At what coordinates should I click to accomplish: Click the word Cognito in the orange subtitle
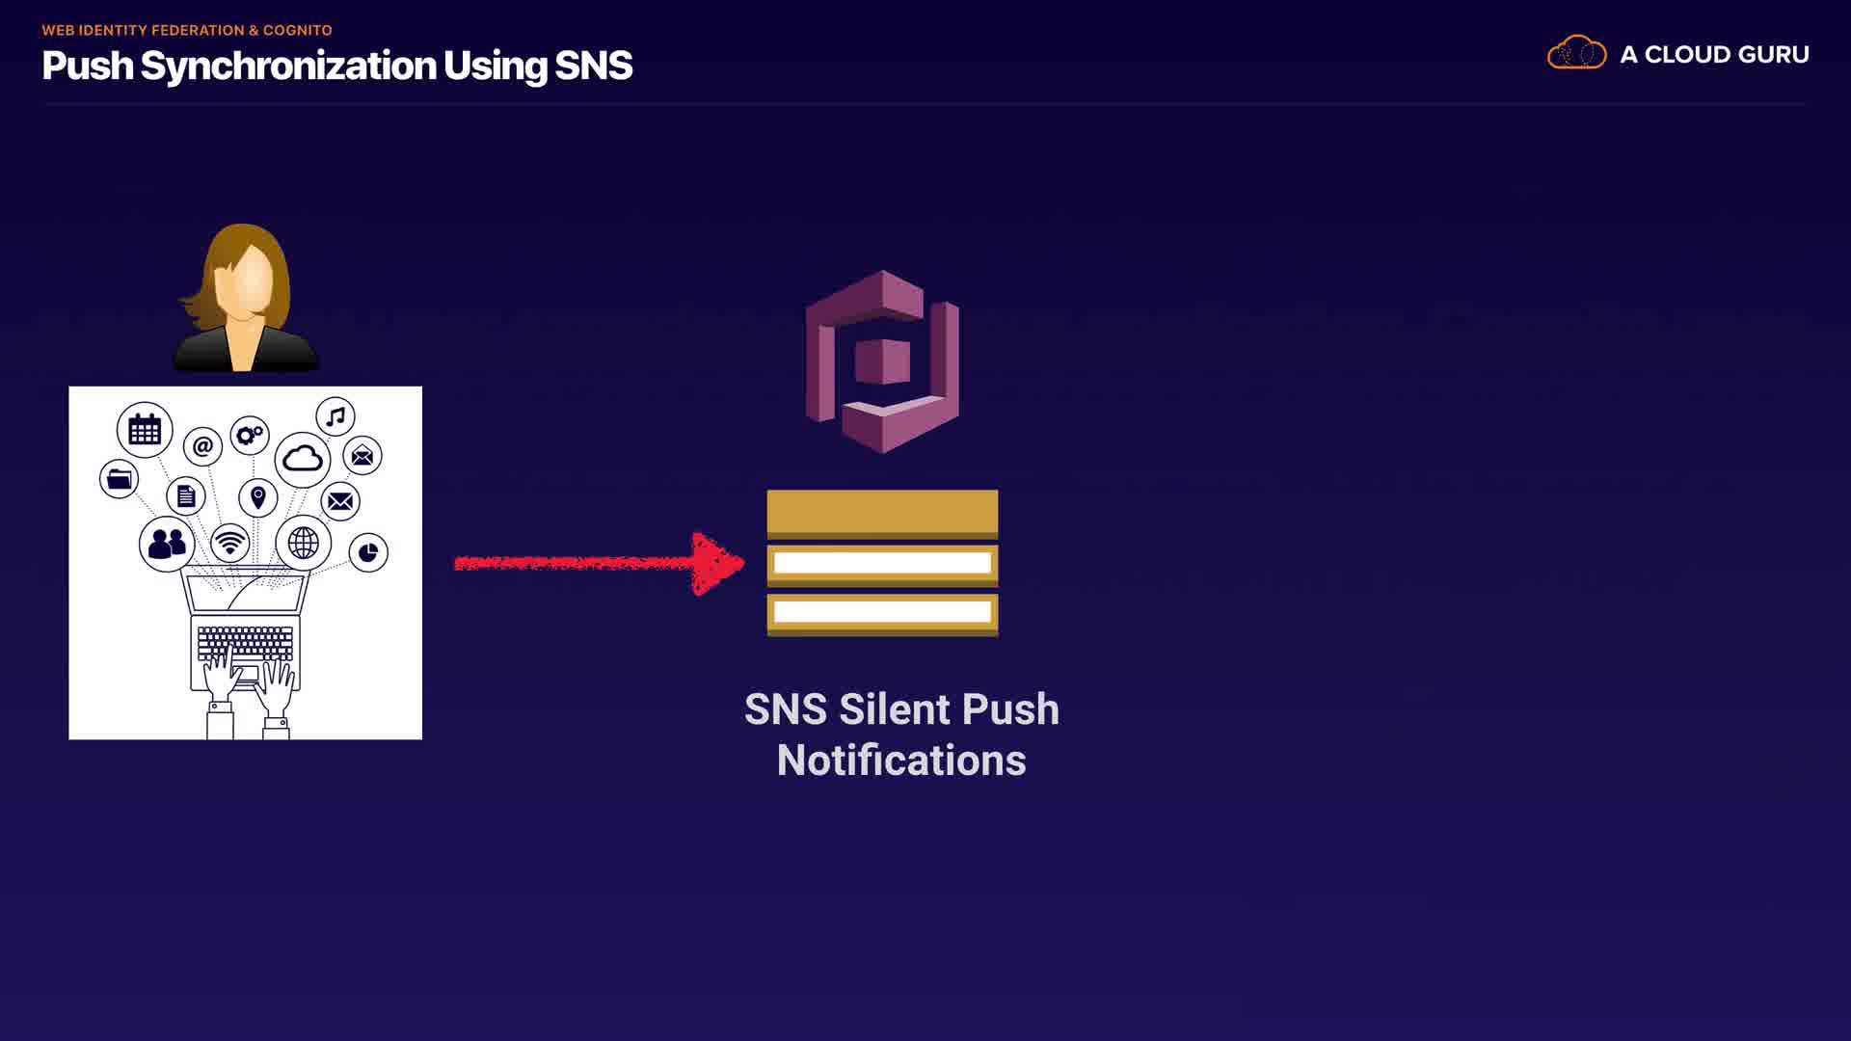coord(297,30)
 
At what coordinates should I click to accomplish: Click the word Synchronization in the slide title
coord(288,66)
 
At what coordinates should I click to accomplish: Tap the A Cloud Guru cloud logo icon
coord(1576,53)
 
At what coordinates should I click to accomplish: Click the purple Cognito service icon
coord(882,361)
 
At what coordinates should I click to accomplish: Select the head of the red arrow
coord(717,564)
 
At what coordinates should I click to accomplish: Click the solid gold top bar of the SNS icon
coord(882,511)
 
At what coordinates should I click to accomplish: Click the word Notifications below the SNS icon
coord(901,761)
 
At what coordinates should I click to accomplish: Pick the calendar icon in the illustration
coord(145,429)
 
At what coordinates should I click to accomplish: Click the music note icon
coord(335,416)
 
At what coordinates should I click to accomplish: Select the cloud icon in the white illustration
coord(302,459)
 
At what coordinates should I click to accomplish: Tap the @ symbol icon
coord(202,446)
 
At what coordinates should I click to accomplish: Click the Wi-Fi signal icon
coord(229,543)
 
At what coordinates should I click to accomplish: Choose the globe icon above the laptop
coord(303,543)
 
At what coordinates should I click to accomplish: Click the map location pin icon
coord(257,497)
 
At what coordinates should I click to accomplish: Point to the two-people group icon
coord(167,544)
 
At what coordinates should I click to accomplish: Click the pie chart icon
coord(368,552)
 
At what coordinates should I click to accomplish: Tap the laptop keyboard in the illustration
coord(245,643)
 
